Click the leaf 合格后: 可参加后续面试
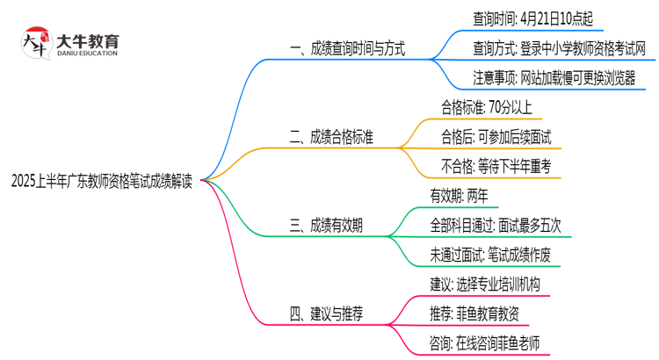coord(496,137)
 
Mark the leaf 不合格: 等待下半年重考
coord(496,167)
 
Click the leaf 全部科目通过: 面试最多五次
coord(496,226)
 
